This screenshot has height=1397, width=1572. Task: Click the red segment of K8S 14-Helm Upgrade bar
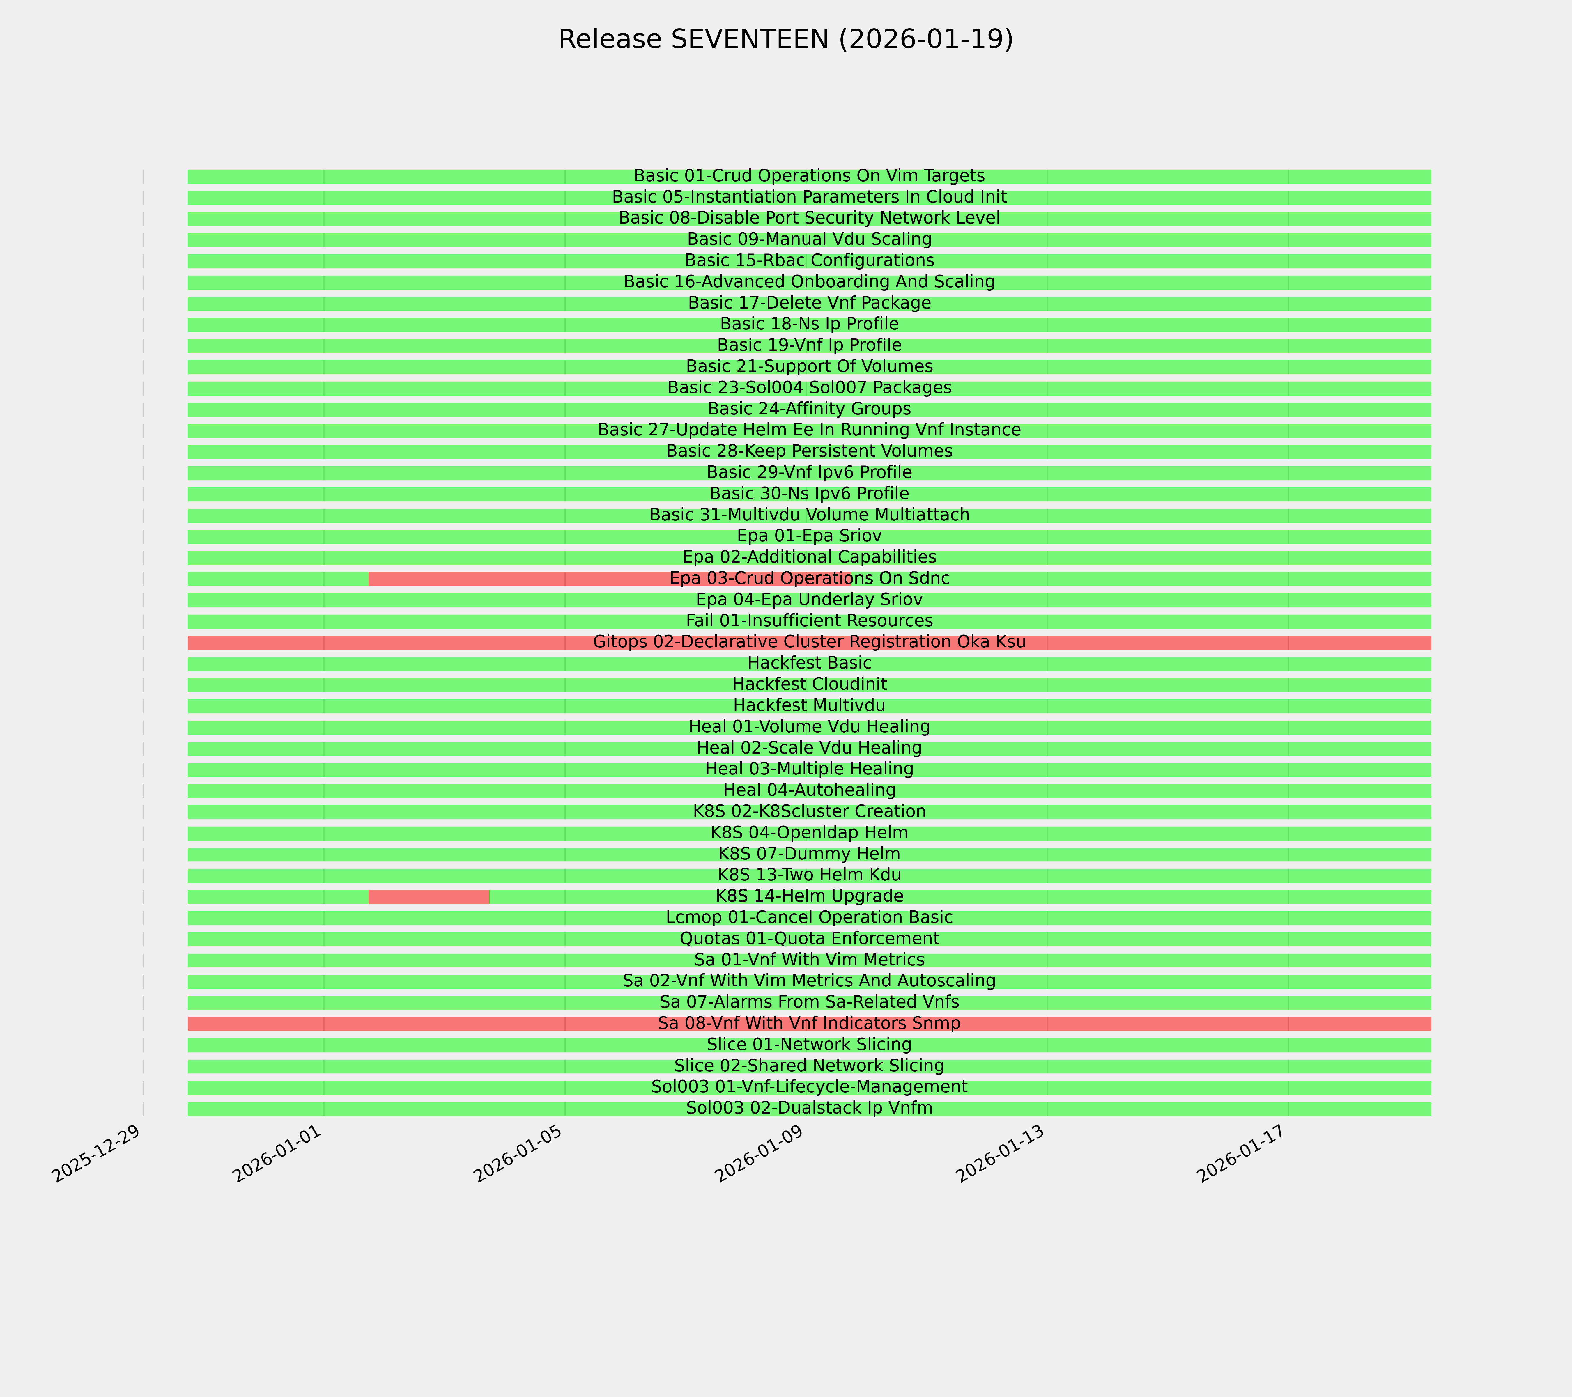coord(429,896)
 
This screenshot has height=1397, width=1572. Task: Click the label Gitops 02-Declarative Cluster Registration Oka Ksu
coord(809,642)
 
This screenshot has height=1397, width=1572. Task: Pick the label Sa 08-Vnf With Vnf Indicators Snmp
coord(809,1023)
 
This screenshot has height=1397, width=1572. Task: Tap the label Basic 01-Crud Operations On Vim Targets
coord(809,176)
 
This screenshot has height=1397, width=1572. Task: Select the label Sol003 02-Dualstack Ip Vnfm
coord(809,1108)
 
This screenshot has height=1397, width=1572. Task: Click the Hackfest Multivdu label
coord(809,705)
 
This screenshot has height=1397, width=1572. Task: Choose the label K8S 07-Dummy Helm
coord(809,853)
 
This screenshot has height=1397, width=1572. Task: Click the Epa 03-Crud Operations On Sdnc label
coord(809,578)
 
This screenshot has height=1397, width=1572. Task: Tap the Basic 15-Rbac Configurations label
coord(809,261)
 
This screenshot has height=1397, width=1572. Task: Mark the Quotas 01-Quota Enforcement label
coord(809,939)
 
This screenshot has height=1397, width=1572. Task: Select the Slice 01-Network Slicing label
coord(809,1045)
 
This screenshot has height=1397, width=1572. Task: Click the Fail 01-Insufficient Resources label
coord(809,621)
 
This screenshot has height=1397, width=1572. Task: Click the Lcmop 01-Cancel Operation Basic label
coord(809,917)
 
